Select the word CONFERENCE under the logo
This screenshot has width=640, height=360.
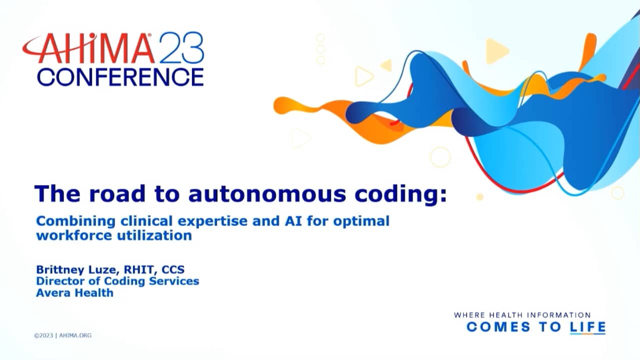(120, 76)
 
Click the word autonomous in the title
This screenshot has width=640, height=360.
(267, 194)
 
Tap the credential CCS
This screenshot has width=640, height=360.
(173, 269)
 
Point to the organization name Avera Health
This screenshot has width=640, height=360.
(74, 292)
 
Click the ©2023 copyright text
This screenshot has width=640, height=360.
(43, 335)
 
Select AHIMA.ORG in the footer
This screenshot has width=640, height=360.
(75, 335)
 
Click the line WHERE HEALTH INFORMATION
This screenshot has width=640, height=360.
(522, 315)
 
